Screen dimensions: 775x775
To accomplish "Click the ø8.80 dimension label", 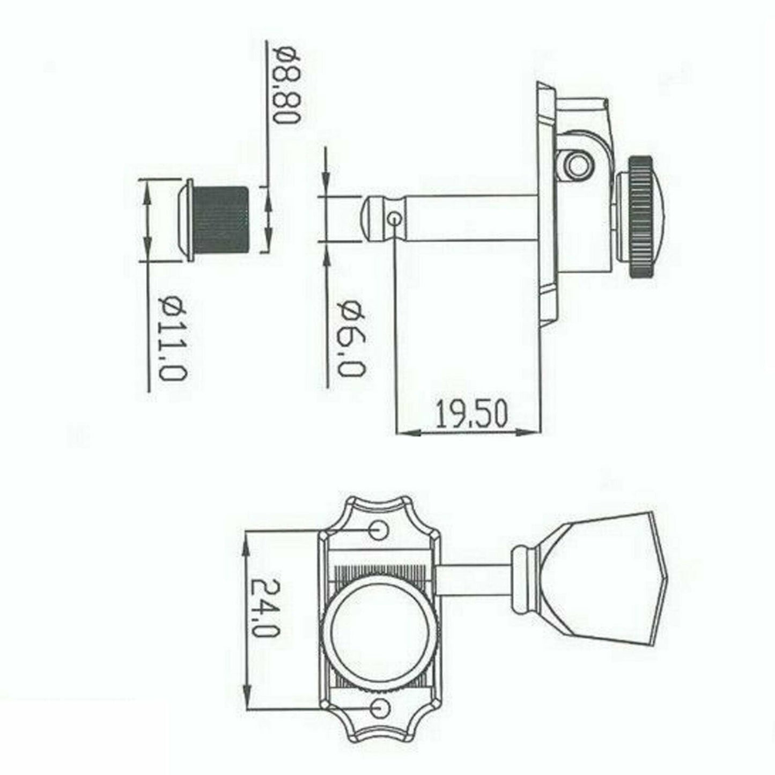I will [x=285, y=84].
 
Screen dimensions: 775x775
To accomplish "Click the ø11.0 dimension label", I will [x=173, y=339].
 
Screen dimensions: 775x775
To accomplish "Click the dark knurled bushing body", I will [x=222, y=220].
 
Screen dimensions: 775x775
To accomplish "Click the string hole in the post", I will [x=395, y=218].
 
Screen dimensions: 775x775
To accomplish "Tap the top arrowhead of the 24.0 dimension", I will [x=247, y=539].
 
